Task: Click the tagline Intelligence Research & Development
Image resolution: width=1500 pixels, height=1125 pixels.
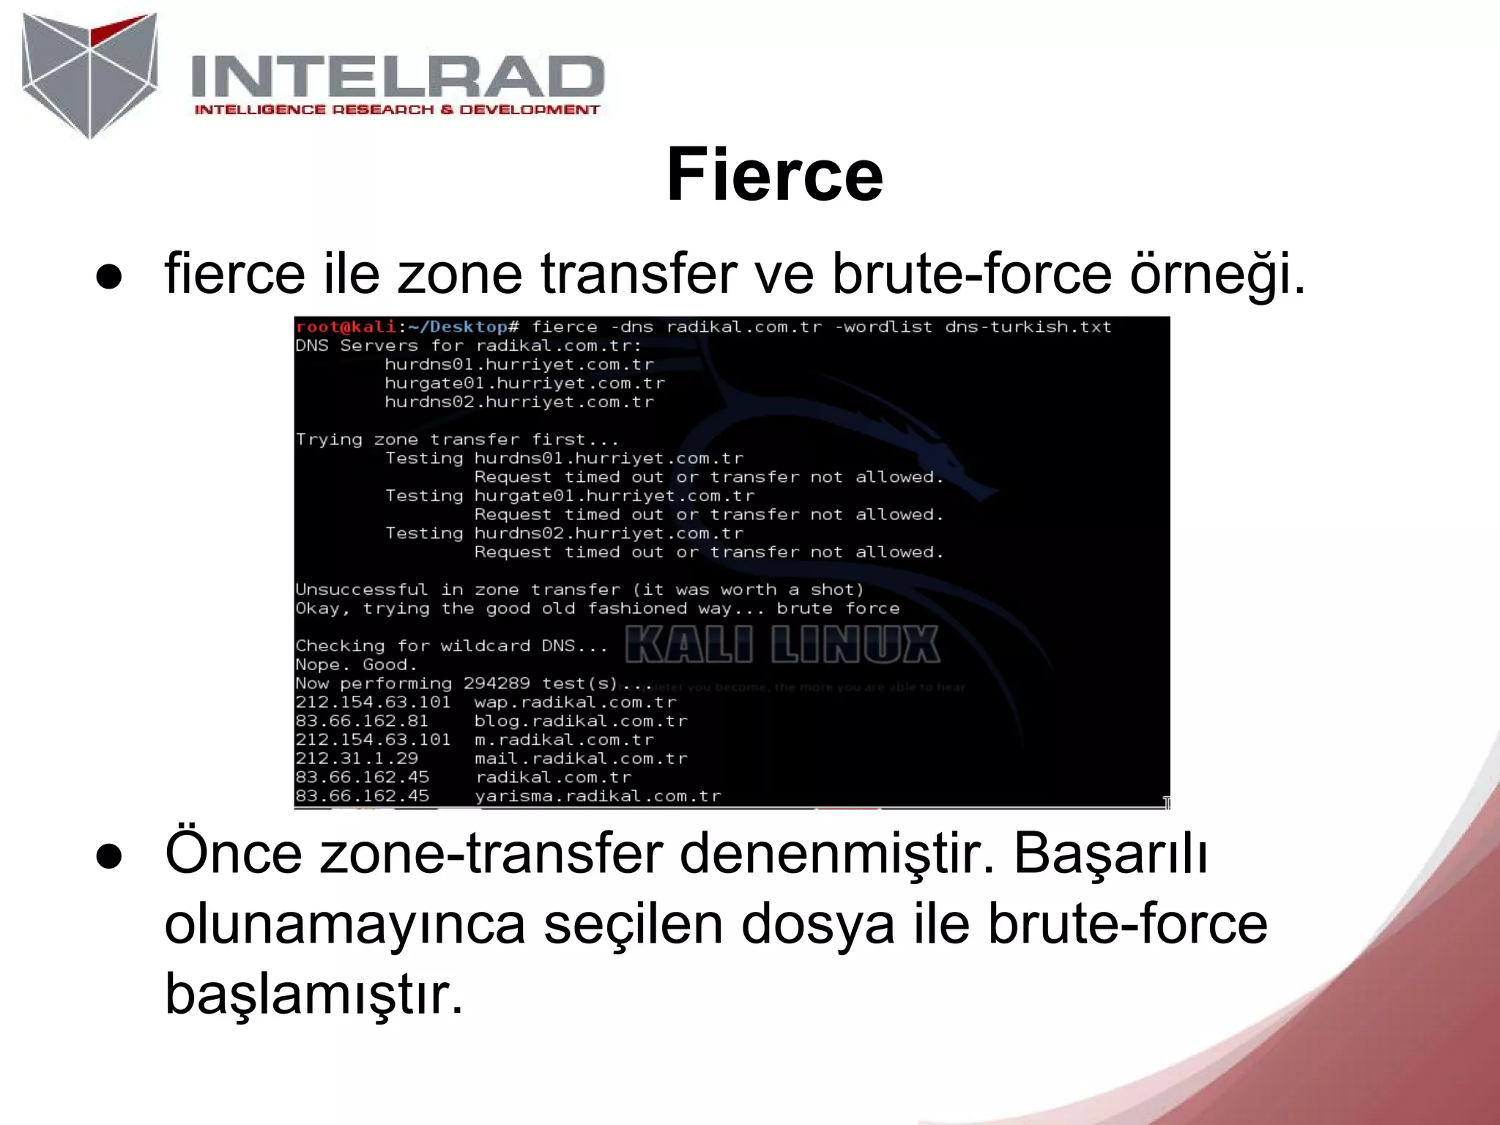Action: click(396, 110)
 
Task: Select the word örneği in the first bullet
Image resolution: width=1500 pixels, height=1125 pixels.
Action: click(1217, 274)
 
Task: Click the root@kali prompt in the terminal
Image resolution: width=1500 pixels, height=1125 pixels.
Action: click(346, 327)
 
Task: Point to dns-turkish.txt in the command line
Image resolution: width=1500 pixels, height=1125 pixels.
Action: click(1028, 327)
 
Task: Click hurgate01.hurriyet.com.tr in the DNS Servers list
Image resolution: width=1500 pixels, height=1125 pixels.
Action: click(524, 383)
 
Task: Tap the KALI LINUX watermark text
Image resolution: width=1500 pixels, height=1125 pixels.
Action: click(781, 645)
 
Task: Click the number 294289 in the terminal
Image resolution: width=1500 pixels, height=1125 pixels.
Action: click(497, 683)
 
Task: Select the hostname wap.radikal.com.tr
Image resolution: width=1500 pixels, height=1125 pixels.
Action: click(575, 702)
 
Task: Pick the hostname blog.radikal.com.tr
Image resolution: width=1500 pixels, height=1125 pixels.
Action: click(581, 721)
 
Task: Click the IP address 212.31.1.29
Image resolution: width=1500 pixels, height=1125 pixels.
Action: click(357, 759)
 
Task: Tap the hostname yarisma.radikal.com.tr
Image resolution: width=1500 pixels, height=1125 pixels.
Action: click(598, 796)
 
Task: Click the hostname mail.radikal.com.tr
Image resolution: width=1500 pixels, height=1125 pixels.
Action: click(581, 759)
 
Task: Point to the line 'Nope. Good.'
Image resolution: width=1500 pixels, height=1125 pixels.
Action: click(356, 665)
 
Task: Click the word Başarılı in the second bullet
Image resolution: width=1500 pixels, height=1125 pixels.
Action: click(1110, 854)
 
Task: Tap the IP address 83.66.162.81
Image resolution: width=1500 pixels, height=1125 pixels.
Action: click(362, 721)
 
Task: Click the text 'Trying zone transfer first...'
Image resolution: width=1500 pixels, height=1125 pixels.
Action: click(457, 439)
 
